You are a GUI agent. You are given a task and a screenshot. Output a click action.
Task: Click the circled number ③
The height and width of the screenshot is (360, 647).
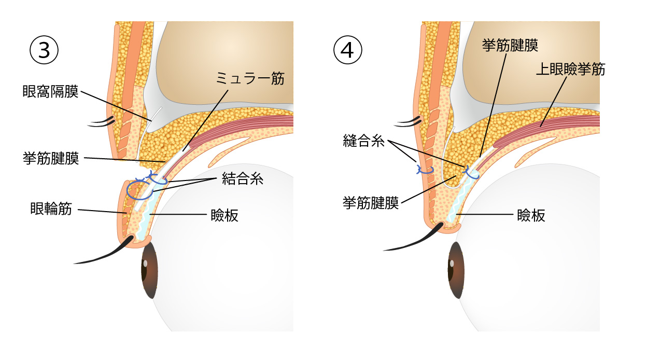[x=44, y=50]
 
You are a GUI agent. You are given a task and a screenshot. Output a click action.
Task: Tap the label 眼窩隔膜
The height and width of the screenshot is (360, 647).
[x=50, y=92]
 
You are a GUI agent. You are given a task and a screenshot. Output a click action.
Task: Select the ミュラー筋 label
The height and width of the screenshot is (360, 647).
[x=250, y=79]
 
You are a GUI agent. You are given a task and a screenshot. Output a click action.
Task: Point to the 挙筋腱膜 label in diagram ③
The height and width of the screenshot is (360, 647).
[x=51, y=158]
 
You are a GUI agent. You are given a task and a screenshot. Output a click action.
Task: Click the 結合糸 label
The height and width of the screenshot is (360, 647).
[x=243, y=179]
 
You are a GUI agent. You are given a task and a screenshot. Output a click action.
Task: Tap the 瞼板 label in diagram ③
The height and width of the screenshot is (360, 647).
[x=224, y=216]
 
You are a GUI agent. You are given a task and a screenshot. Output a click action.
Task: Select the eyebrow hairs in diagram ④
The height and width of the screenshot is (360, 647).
[x=407, y=122]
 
